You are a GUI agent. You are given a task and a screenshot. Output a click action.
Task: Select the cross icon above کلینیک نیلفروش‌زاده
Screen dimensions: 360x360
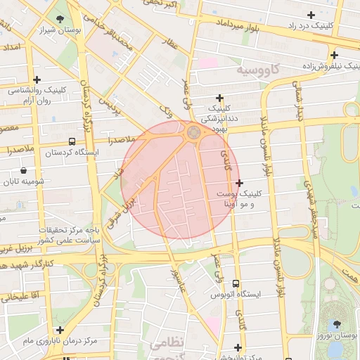pos(335,54)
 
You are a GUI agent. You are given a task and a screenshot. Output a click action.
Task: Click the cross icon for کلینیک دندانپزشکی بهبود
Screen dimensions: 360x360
pos(220,98)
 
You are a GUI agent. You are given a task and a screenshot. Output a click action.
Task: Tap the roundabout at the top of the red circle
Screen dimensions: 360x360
pos(193,131)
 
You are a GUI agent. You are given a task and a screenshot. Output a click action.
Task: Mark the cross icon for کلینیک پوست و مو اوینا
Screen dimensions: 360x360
pos(240,183)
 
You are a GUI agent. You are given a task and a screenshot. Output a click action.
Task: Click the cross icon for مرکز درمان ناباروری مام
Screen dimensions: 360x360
pos(60,329)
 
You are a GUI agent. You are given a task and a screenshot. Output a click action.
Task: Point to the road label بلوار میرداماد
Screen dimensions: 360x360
pos(240,25)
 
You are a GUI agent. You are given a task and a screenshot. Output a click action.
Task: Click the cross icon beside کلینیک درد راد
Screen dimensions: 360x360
pos(311,15)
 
